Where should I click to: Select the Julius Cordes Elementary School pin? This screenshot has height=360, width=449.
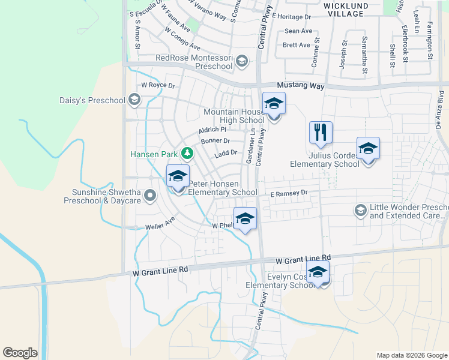coord(368,148)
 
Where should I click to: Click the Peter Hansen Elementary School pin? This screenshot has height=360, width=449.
coord(178,176)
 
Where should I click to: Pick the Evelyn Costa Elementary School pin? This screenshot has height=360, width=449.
coord(318,273)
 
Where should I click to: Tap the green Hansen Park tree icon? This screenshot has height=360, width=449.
coord(187,153)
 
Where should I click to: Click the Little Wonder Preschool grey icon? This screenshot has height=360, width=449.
coord(360,209)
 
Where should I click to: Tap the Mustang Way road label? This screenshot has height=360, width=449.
coord(301,86)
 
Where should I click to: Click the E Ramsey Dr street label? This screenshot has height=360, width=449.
coord(288,193)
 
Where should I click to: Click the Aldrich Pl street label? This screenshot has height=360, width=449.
coord(212,130)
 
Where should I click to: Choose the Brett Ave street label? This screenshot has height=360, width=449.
coord(297,45)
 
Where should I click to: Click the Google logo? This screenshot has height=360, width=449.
coord(20,353)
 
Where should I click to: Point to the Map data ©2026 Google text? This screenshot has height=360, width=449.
coord(411,355)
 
